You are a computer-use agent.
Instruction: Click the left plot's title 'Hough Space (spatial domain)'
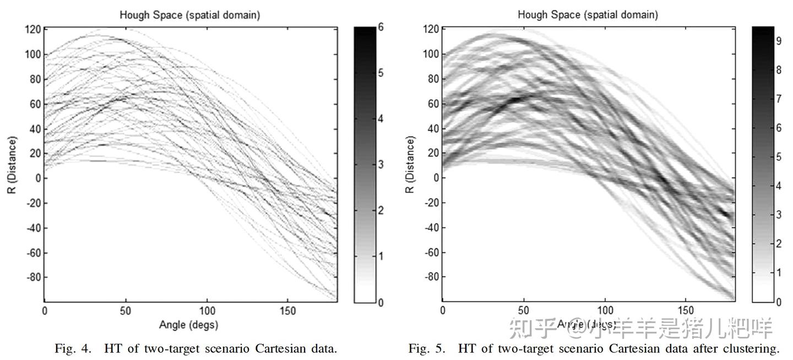pyautogui.click(x=189, y=15)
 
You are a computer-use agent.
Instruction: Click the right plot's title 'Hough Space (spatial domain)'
pyautogui.click(x=587, y=15)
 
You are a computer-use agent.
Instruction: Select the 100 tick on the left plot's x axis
pyautogui.click(x=207, y=311)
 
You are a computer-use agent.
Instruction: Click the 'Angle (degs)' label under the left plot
pyautogui.click(x=188, y=325)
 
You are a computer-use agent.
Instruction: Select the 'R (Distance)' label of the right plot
pyautogui.click(x=409, y=165)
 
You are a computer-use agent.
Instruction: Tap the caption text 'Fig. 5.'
pyautogui.click(x=426, y=348)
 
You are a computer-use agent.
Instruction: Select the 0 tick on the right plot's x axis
pyautogui.click(x=443, y=311)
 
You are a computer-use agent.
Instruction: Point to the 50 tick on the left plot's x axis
pyautogui.click(x=125, y=311)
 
